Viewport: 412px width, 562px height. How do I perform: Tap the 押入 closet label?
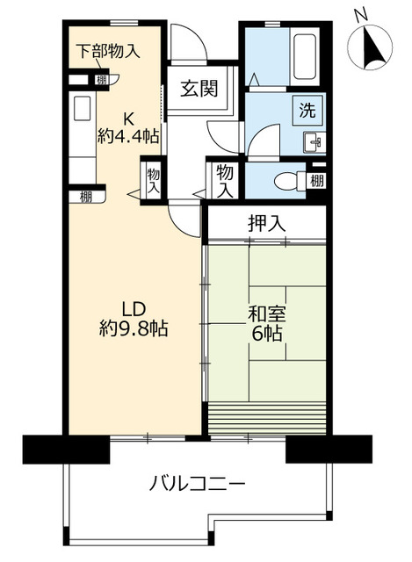266,223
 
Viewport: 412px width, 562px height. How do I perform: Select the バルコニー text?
197,484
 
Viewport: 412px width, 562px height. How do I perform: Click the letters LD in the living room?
133,309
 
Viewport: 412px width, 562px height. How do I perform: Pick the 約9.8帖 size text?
133,329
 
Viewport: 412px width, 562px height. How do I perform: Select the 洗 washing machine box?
308,112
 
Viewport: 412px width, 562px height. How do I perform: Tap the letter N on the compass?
358,15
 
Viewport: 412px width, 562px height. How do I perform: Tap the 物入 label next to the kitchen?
153,181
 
